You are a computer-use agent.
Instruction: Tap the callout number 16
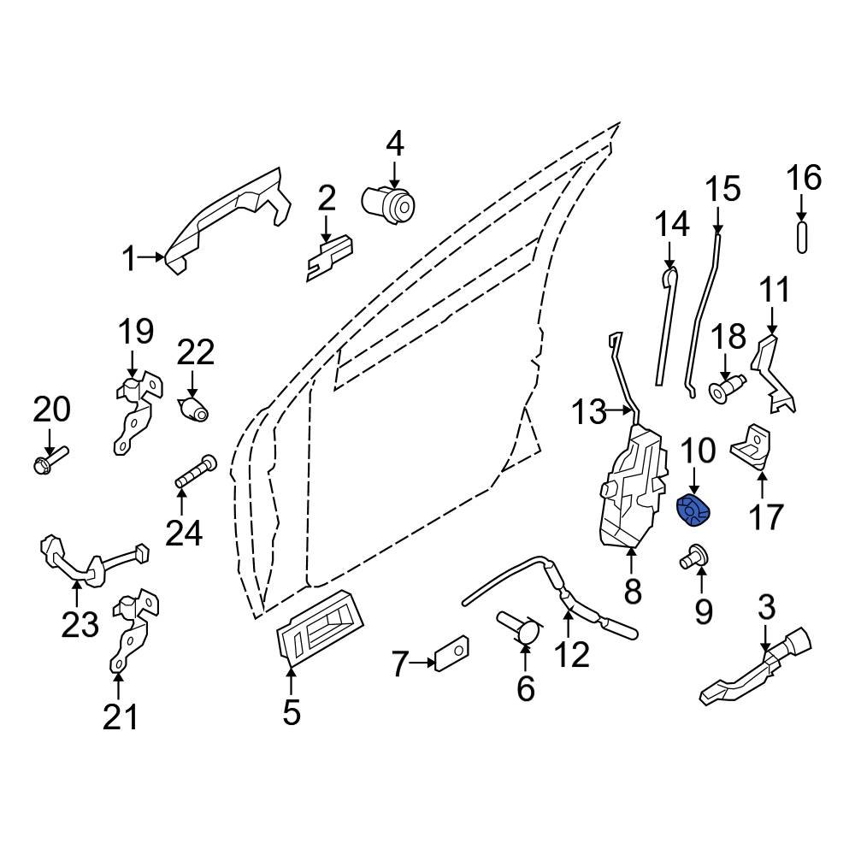[x=804, y=178]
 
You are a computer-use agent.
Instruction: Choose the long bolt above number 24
[x=196, y=472]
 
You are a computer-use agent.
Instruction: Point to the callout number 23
[x=80, y=625]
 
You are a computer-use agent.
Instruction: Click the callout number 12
[x=571, y=654]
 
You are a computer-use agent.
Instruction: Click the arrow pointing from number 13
[x=620, y=414]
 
